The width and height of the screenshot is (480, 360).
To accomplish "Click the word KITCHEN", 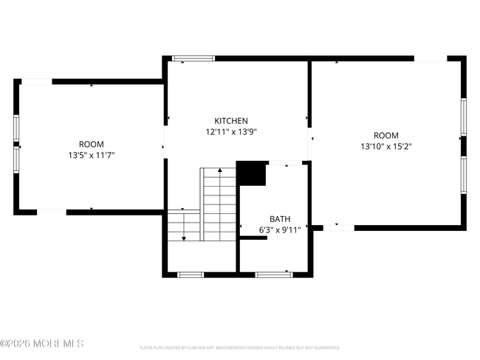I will point(231,121).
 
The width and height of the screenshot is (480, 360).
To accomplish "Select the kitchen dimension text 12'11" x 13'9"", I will point(231,132).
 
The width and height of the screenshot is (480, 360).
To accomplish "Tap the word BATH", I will point(279,219).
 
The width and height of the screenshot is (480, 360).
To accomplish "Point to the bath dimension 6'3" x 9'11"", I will point(279,230).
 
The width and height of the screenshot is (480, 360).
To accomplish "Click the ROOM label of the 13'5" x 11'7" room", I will point(92,144).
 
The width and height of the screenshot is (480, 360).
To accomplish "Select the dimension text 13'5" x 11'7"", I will point(92,155).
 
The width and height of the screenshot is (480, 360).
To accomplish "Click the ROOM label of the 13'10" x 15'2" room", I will point(385,135).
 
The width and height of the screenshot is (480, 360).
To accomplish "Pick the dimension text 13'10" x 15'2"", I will point(385,146).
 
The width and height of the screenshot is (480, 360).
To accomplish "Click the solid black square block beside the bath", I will point(251,174).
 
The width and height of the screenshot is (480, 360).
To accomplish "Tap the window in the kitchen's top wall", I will point(193,58).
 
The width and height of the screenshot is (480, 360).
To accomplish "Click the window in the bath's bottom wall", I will point(274,274).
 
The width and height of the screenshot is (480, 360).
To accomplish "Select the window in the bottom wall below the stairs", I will point(191,274).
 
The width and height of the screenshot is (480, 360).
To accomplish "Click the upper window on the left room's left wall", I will point(16,128).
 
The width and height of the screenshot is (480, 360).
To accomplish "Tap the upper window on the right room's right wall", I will point(464,117).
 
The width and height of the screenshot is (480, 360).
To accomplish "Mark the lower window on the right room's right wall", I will point(464,175).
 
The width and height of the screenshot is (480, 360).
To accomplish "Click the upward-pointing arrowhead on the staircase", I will point(219,171).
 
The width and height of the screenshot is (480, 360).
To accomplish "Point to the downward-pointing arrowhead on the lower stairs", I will point(183,238).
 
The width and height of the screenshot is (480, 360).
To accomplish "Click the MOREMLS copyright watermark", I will point(42,344).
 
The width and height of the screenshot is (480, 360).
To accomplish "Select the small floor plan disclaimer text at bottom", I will point(239,347).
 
